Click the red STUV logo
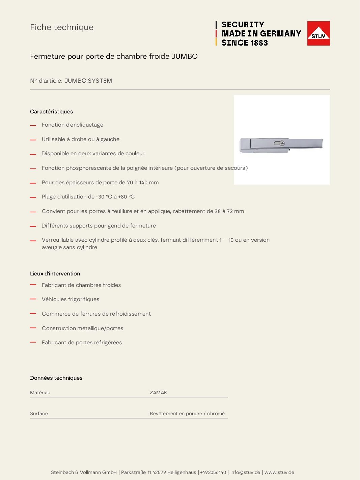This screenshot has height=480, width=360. pyautogui.click(x=318, y=33)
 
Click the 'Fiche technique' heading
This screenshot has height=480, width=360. pyautogui.click(x=62, y=27)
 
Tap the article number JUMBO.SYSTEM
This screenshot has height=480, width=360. pyautogui.click(x=88, y=81)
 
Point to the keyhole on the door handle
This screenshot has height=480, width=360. pyautogui.click(x=282, y=143)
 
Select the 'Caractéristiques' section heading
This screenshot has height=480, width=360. pyautogui.click(x=51, y=112)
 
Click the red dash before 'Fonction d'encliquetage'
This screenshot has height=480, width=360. pyautogui.click(x=33, y=125)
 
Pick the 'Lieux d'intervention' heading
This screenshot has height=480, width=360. pyautogui.click(x=55, y=274)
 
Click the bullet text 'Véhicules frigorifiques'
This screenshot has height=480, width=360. pyautogui.click(x=71, y=299)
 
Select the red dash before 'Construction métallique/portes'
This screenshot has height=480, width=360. pyautogui.click(x=33, y=328)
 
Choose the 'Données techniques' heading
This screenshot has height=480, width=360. pyautogui.click(x=56, y=378)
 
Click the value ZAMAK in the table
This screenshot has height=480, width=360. pyautogui.click(x=158, y=393)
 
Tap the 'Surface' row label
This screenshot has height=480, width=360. pyautogui.click(x=39, y=414)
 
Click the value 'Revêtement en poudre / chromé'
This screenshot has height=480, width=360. pyautogui.click(x=187, y=414)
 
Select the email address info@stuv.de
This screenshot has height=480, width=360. pyautogui.click(x=245, y=472)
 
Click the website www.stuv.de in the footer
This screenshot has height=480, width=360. pyautogui.click(x=279, y=472)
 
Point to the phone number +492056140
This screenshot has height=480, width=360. pyautogui.click(x=213, y=472)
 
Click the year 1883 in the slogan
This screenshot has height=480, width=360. pyautogui.click(x=259, y=43)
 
